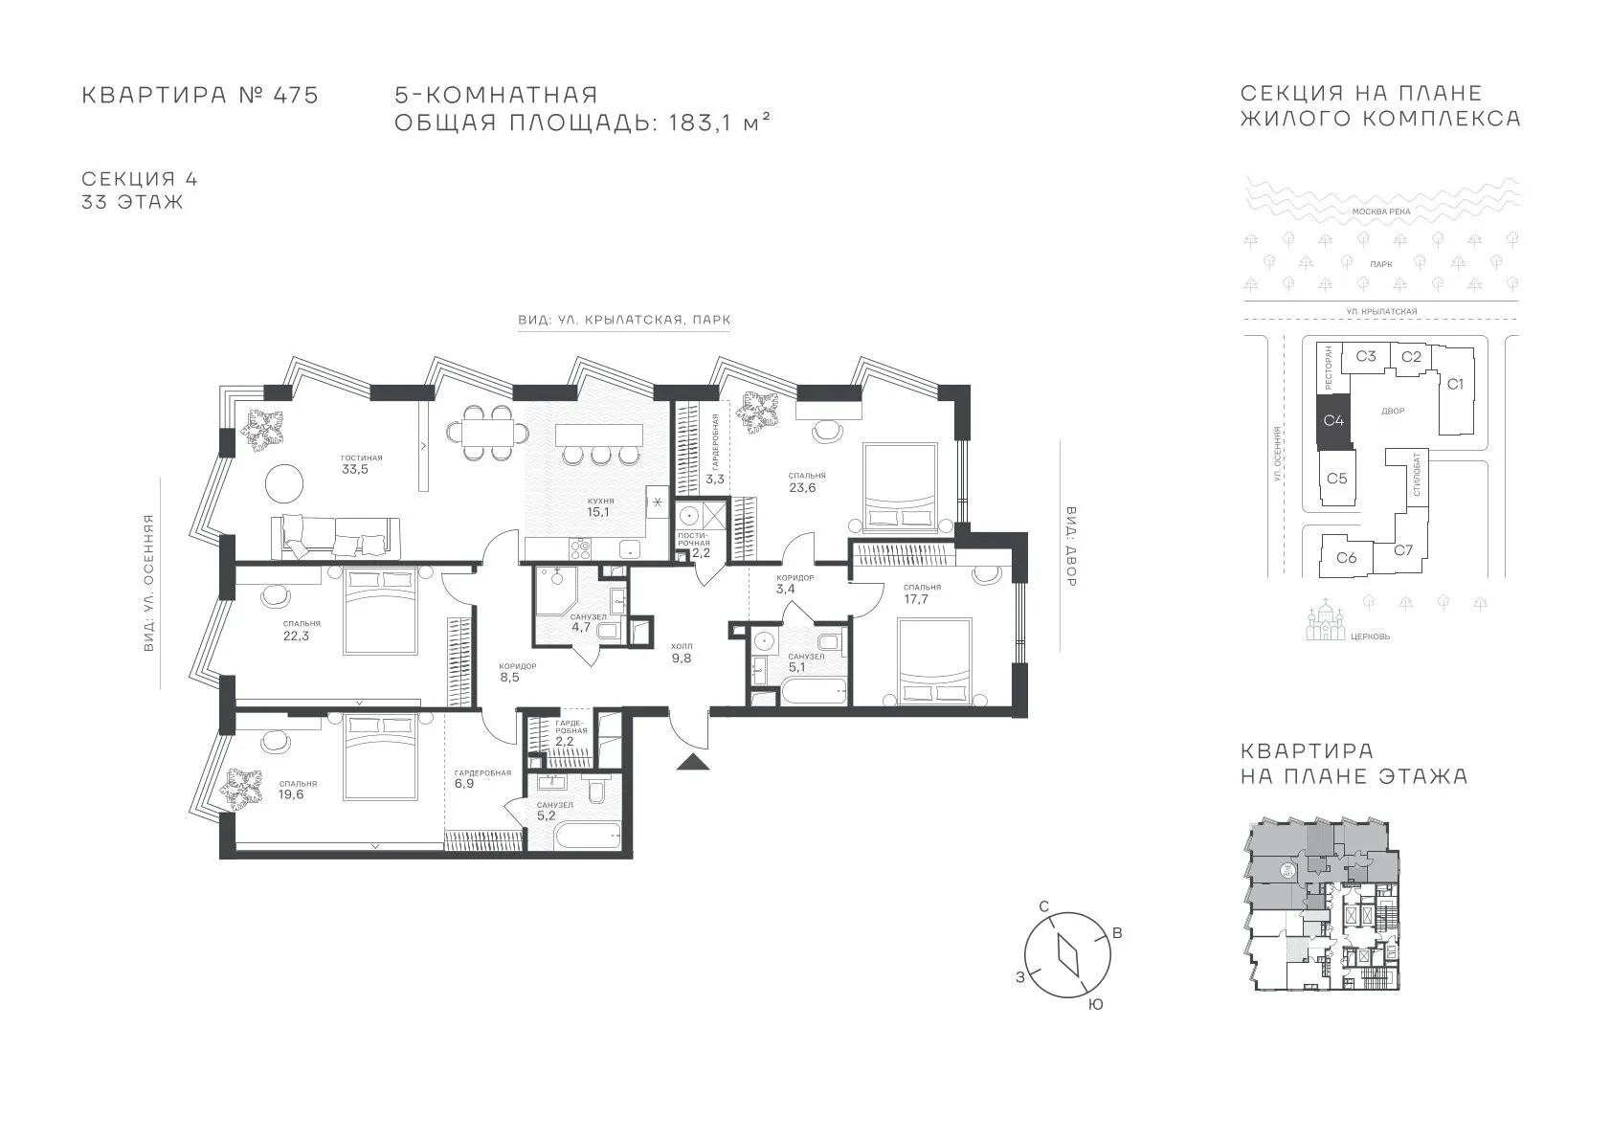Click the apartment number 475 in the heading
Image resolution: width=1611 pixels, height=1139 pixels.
coord(295,95)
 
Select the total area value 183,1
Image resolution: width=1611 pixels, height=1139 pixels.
coord(701,123)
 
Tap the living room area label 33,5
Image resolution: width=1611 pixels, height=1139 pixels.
coord(355,470)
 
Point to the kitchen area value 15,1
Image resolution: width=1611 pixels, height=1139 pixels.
coord(597,513)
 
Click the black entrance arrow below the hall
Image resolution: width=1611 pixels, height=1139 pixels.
coord(693,762)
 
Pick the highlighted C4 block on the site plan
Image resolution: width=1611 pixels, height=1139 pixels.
coord(1333,420)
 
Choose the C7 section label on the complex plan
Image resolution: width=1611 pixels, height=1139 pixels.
coord(1403,550)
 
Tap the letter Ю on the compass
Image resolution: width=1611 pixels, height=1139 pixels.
coord(1095,1005)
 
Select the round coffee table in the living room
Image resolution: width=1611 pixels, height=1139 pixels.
coord(285,483)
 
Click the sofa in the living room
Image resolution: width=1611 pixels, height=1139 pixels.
coord(335,538)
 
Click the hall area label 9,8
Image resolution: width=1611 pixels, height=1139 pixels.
coord(682,658)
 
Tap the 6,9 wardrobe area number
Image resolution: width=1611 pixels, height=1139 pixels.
coord(464,784)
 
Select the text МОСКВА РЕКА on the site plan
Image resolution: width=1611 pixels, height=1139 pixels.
coord(1381,212)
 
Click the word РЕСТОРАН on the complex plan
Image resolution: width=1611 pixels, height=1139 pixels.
coord(1328,368)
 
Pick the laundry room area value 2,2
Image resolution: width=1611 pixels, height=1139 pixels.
coord(701,553)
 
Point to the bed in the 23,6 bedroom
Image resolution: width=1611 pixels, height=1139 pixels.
coord(900,487)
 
